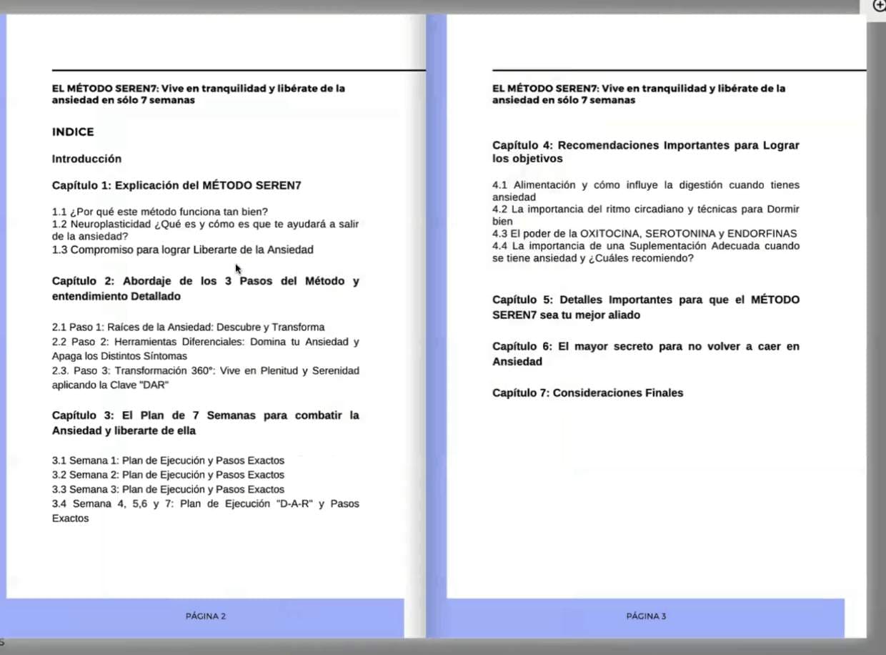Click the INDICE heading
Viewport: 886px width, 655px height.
click(x=73, y=132)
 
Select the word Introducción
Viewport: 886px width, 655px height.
click(x=86, y=159)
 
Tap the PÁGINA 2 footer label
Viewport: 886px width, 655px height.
click(x=206, y=616)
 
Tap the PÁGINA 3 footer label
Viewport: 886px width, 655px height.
click(x=646, y=616)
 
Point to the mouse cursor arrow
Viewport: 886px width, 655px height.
click(x=238, y=268)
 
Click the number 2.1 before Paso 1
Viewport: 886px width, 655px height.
click(x=59, y=327)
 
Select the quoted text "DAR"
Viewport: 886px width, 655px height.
click(x=156, y=385)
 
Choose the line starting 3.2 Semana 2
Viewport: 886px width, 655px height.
click(x=168, y=475)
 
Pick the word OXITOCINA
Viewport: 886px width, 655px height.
click(x=610, y=234)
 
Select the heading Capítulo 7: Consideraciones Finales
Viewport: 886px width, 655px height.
click(x=587, y=393)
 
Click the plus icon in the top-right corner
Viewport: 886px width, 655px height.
click(x=880, y=5)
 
